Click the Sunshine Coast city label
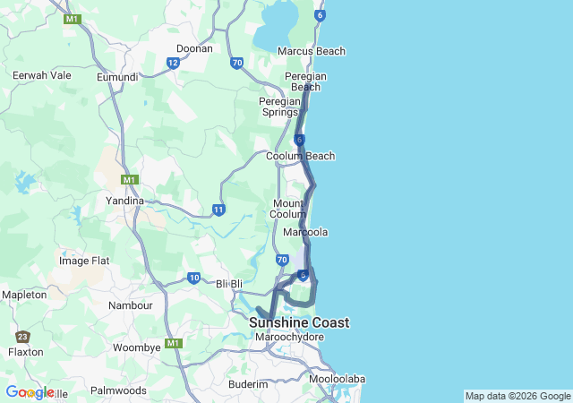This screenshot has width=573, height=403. [x=299, y=322]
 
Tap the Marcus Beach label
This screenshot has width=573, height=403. [x=312, y=51]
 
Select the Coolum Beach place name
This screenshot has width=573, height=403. [x=301, y=156]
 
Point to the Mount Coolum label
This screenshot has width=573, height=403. [x=289, y=209]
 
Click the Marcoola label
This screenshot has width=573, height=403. [x=305, y=232]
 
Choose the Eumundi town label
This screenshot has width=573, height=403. [x=117, y=78]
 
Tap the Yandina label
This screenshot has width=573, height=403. [x=124, y=201]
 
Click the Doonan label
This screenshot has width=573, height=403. [x=194, y=48]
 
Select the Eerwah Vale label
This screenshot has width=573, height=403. [x=42, y=75]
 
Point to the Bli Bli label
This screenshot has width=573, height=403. [x=230, y=284]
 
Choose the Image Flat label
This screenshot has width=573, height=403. [x=84, y=261]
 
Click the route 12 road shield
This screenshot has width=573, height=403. [x=173, y=63]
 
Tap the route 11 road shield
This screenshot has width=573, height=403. [x=218, y=210]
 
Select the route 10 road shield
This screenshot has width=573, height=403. [x=194, y=279]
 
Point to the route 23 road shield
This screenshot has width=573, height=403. [x=21, y=337]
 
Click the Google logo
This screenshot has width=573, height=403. [x=30, y=392]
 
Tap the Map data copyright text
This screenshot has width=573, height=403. [x=517, y=396]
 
